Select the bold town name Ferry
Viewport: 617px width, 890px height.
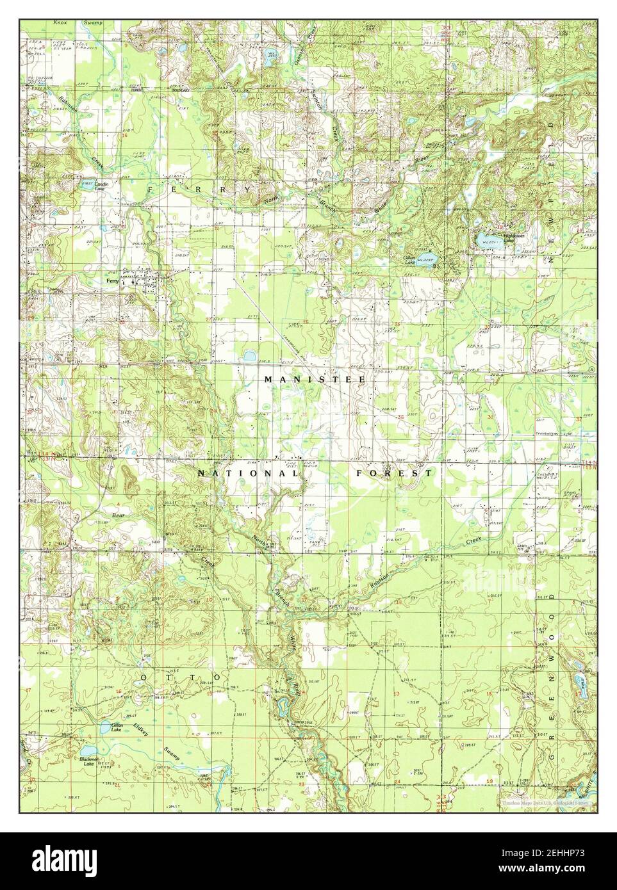pos(112,280)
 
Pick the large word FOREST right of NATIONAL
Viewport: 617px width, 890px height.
pos(394,473)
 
